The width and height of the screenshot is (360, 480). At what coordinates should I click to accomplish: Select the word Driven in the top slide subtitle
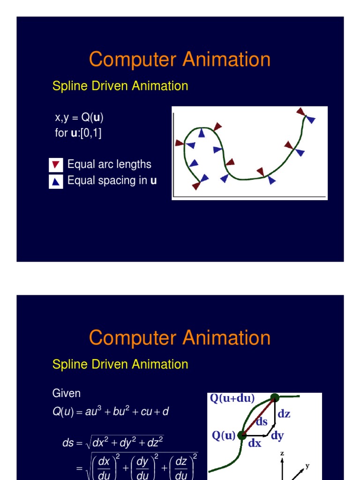(112, 86)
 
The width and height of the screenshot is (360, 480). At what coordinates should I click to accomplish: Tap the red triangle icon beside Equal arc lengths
(56, 165)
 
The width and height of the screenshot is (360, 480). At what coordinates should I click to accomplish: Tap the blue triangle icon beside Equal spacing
(56, 181)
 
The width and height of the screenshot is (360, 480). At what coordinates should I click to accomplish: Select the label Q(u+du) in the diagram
(232, 398)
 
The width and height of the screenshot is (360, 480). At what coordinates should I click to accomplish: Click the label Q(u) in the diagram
(223, 435)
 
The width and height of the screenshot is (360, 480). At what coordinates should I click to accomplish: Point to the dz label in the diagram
(284, 413)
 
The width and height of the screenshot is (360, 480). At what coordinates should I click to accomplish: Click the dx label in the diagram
(255, 443)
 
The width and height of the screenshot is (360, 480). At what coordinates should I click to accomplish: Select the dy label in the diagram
(277, 436)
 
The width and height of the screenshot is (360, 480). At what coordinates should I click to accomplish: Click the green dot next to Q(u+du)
(275, 398)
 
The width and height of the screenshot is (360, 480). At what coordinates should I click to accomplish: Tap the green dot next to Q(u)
(242, 435)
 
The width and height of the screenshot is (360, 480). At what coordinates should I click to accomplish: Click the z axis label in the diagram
(282, 454)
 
